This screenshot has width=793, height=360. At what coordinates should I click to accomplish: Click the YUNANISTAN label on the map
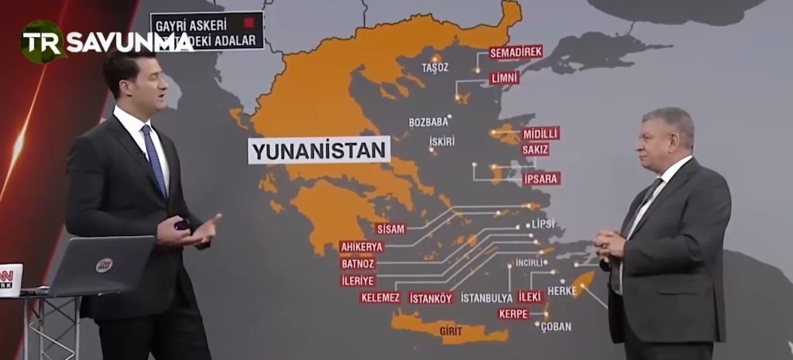click(x=318, y=149)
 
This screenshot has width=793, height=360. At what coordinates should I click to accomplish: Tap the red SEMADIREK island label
click(x=516, y=52)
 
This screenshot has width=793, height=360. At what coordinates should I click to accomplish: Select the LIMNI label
click(x=504, y=78)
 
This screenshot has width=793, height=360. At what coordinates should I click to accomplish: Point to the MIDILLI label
click(x=541, y=133)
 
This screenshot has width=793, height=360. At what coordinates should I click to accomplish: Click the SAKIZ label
click(x=535, y=149)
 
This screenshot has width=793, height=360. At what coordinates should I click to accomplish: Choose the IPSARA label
click(x=541, y=179)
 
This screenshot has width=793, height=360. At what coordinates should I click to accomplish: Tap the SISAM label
click(x=390, y=228)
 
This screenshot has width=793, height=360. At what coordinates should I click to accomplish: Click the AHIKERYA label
click(x=362, y=247)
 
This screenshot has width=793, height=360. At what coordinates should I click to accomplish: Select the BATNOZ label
click(x=358, y=263)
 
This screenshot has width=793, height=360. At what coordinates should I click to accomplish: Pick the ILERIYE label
click(x=358, y=280)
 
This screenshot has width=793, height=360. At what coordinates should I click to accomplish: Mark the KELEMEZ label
click(x=380, y=297)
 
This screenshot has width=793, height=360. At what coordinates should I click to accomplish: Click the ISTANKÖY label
click(x=431, y=297)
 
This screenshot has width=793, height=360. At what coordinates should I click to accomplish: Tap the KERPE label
click(x=513, y=314)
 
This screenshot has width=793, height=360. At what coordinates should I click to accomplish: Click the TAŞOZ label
click(x=435, y=68)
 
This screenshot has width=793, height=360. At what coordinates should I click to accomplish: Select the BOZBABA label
click(x=429, y=122)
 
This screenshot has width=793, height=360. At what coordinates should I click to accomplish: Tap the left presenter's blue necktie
click(x=154, y=159)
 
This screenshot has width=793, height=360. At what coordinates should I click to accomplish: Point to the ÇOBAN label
click(x=556, y=327)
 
